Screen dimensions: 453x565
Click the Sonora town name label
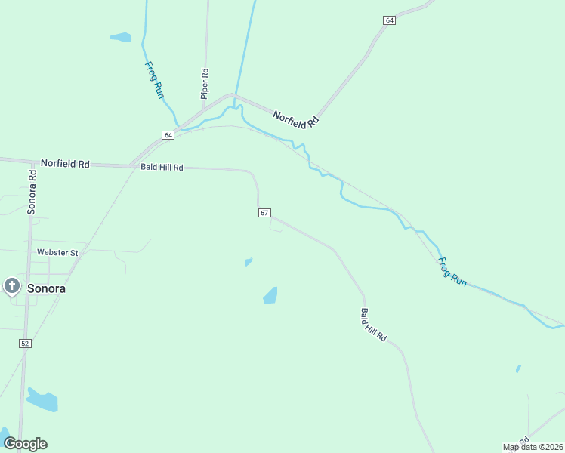click(46, 288)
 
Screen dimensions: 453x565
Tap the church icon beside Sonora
click(11, 286)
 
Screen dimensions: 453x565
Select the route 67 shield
click(264, 213)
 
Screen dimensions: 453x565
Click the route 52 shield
click(25, 344)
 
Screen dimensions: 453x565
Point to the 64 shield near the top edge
click(389, 20)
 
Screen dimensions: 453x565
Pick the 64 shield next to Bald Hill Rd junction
click(168, 134)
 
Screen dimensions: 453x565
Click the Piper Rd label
click(204, 84)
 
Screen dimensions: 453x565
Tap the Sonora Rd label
click(32, 191)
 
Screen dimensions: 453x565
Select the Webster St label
click(57, 252)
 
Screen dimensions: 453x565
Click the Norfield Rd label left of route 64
click(65, 163)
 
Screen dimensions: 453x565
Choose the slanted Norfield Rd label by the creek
click(296, 115)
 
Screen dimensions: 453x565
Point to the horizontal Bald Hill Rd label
click(162, 168)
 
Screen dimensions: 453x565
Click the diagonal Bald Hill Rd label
click(373, 325)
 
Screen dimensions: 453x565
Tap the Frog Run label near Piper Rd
click(154, 79)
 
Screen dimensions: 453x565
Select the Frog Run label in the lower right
click(453, 272)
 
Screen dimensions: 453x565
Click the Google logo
click(25, 444)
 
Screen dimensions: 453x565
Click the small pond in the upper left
click(120, 36)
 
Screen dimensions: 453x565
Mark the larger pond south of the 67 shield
click(270, 295)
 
